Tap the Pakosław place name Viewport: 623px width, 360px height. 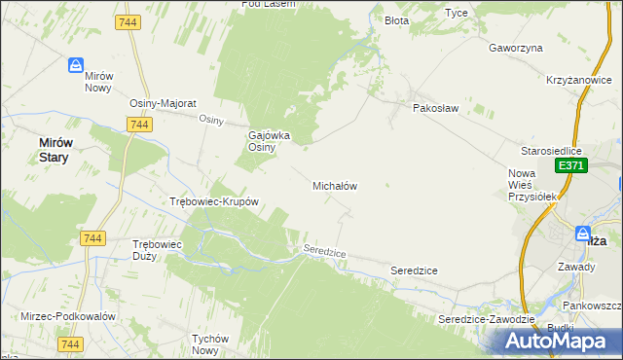435,108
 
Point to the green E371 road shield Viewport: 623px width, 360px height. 570,166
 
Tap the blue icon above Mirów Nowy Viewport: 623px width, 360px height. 76,65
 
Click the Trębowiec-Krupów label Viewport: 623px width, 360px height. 213,202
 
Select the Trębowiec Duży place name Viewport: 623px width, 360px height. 157,250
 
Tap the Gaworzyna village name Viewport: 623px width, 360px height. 515,48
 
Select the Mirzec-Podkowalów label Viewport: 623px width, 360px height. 68,317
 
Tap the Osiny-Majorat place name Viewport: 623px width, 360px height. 164,103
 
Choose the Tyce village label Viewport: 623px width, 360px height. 456,13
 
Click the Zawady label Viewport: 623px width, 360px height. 576,266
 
